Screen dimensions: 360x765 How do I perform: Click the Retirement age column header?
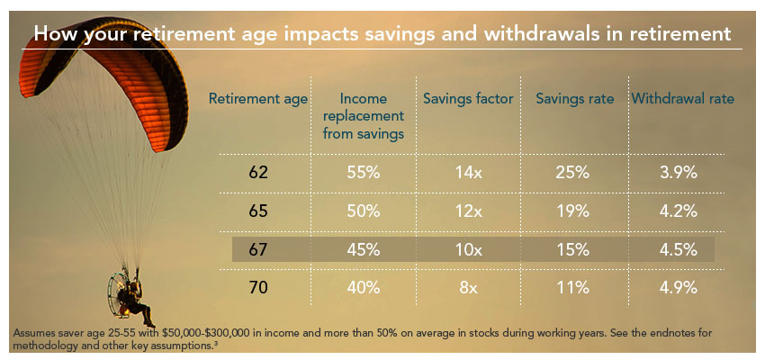tap(258, 98)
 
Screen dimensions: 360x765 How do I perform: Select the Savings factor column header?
tap(468, 98)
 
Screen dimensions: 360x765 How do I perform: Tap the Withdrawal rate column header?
tap(682, 98)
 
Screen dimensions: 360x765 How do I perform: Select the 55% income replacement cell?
tap(364, 174)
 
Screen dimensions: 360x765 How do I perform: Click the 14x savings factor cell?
tap(468, 174)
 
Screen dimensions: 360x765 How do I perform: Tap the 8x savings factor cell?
tap(468, 288)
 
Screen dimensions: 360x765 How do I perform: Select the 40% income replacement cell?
tap(364, 288)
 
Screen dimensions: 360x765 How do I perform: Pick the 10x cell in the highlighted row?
tap(468, 249)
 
